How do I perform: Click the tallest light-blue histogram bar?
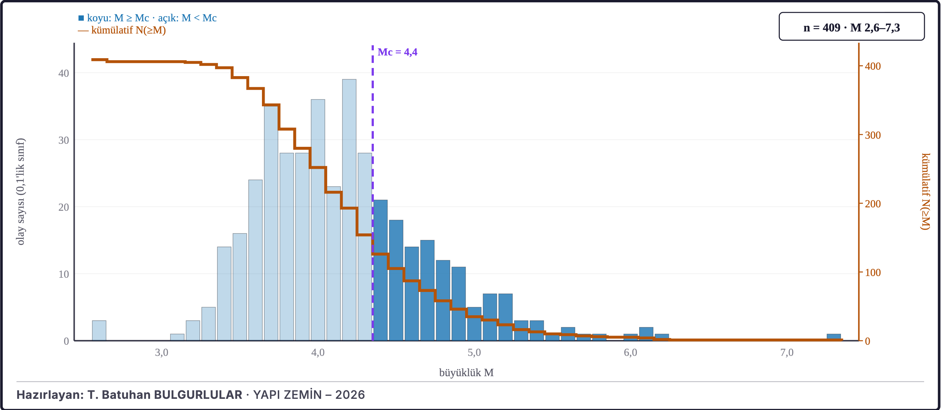(349, 210)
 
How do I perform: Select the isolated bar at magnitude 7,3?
(834, 337)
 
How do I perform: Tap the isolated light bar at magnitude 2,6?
(99, 331)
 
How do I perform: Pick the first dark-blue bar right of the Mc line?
(380, 270)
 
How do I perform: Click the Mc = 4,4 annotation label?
(397, 52)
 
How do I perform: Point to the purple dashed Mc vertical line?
(372, 193)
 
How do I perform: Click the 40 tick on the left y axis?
(64, 73)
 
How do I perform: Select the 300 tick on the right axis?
(873, 135)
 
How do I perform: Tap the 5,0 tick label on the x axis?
(474, 352)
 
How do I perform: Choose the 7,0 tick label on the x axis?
(787, 352)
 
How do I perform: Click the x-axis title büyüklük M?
(466, 372)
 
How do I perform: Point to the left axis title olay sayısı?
(21, 192)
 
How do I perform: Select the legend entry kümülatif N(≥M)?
(122, 30)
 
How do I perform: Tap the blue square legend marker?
(81, 18)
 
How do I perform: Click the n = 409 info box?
(851, 27)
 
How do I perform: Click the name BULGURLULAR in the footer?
(198, 395)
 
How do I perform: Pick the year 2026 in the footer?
(350, 395)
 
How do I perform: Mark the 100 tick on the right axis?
(873, 272)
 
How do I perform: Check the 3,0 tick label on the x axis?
(162, 352)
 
